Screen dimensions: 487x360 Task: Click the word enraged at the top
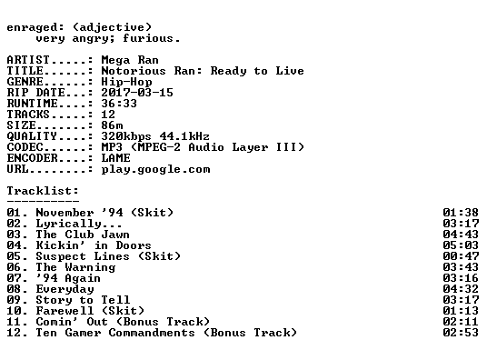32,28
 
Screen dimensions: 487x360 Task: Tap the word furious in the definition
147,38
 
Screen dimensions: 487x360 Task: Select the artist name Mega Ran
130,60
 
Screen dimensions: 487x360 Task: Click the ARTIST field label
28,60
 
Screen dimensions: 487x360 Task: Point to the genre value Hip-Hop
126,82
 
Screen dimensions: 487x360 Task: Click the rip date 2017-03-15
137,93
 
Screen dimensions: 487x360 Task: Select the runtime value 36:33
119,104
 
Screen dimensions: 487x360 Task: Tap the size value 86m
112,125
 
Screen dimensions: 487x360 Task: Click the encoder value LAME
115,158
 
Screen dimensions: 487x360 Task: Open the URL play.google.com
155,169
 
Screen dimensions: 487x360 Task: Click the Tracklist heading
43,191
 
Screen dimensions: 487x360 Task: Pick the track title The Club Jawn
83,235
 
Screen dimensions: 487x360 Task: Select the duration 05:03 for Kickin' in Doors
461,245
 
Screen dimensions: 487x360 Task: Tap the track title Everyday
65,289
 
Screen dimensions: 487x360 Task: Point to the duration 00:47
461,256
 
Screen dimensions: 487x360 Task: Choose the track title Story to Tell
83,300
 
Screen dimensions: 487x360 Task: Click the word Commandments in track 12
152,333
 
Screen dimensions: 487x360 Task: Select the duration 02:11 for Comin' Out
461,322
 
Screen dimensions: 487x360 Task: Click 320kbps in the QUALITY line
126,136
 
